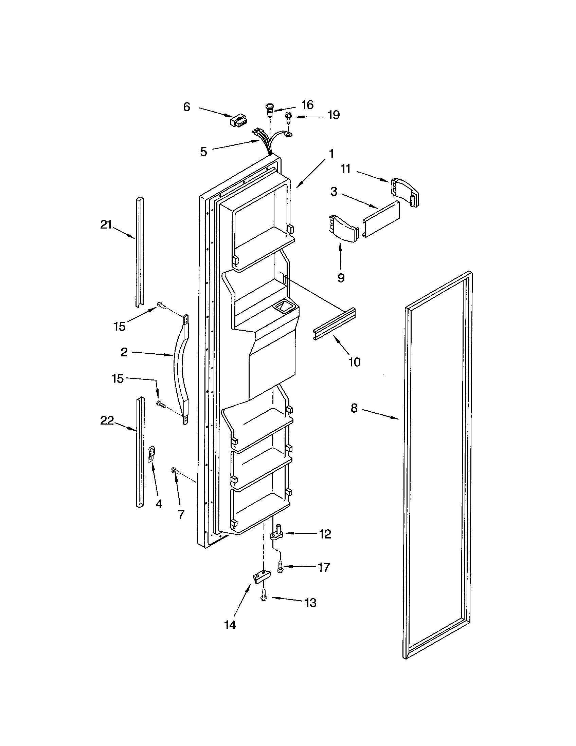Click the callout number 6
[x=186, y=107]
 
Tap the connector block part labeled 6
[x=239, y=121]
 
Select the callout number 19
[x=334, y=115]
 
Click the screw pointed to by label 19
[x=288, y=119]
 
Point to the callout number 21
[x=106, y=224]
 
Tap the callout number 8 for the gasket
[x=354, y=408]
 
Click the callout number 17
[x=324, y=567]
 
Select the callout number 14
[x=230, y=625]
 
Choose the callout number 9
[x=341, y=278]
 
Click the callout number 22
[x=107, y=421]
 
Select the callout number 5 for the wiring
[x=203, y=151]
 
